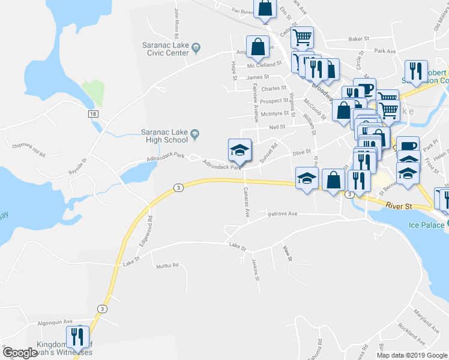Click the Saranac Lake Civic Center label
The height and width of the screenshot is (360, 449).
(165, 48)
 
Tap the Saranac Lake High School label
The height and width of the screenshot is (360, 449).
(164, 136)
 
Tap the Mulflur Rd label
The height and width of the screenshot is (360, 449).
(167, 266)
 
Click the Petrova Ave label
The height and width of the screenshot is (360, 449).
(283, 214)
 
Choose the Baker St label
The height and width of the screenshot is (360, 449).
(358, 39)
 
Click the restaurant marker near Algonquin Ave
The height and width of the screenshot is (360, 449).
(77, 338)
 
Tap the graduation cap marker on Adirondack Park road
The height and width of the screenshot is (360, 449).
(239, 150)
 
